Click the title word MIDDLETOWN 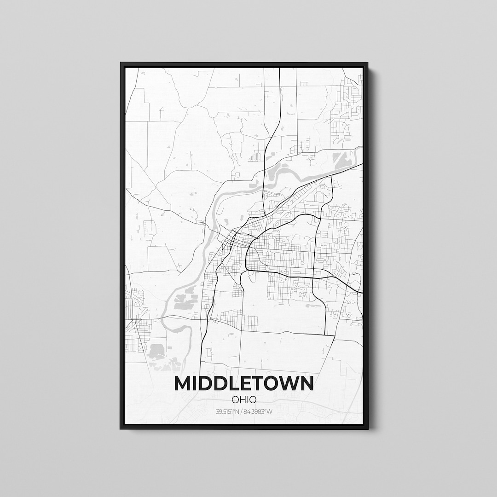tap(244, 383)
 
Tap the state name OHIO tap(244, 399)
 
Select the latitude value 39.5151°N tap(229, 411)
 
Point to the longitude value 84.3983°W tap(259, 411)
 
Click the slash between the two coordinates tap(244, 411)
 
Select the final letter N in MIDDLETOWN tap(306, 383)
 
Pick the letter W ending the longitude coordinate tap(270, 411)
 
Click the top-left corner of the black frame tap(121, 63)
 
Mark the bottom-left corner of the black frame tap(121, 429)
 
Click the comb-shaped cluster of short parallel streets tap(254, 158)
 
